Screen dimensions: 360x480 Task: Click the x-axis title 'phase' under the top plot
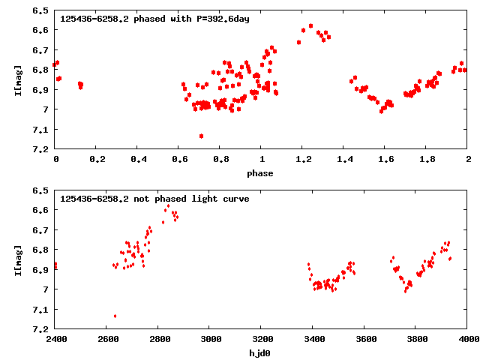click(x=261, y=173)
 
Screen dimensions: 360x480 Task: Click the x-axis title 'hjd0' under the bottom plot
click(x=261, y=353)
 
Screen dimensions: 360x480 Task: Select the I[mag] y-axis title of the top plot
click(x=18, y=80)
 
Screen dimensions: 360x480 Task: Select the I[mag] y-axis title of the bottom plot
click(x=18, y=259)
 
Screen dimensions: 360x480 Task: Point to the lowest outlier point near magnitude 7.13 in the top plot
click(x=201, y=136)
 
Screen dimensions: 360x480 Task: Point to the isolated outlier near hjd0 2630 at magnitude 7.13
click(x=115, y=316)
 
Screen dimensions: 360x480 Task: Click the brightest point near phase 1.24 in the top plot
click(x=310, y=25)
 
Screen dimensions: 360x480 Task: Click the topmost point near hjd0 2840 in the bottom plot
click(x=168, y=205)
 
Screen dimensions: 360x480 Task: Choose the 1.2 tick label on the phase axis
click(x=302, y=160)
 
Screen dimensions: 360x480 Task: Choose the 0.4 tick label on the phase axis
click(x=138, y=160)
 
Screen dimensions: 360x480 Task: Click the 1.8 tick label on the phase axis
click(x=426, y=160)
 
